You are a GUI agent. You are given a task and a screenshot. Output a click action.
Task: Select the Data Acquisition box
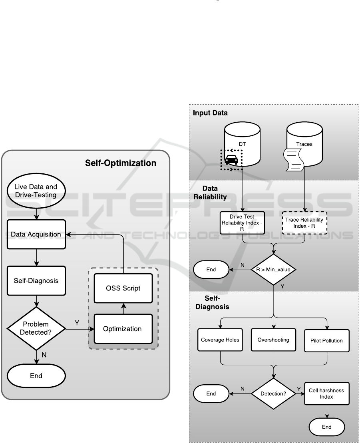point(36,234)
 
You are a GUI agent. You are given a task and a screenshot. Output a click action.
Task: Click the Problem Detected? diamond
point(36,329)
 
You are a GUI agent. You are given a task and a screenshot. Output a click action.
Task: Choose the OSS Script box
point(123,288)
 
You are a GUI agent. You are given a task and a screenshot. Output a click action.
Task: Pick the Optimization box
point(123,329)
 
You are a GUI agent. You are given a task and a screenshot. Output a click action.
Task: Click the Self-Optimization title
point(121,163)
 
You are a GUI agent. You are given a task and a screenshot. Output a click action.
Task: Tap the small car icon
point(232,160)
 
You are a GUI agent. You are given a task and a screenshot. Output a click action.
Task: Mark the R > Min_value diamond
point(274,270)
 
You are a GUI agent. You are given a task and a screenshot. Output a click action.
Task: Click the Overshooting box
point(274,340)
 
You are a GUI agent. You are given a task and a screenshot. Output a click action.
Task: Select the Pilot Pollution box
point(327,341)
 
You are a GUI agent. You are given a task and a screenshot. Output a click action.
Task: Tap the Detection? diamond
point(274,394)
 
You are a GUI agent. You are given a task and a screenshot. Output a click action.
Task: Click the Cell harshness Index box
point(326,393)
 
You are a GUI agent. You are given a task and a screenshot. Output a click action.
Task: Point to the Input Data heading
point(210,113)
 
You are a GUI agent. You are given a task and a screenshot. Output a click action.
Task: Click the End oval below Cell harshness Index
point(326,427)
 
